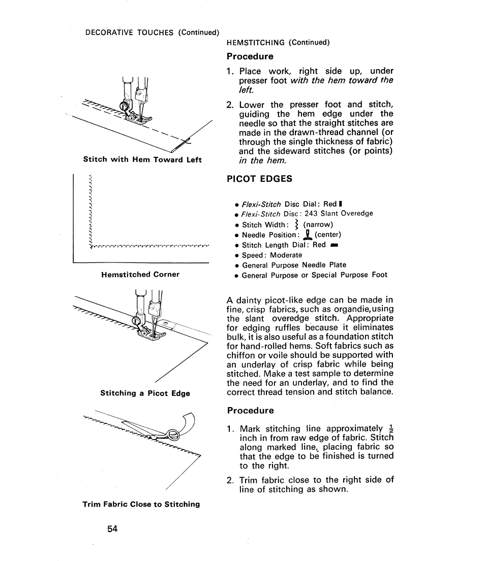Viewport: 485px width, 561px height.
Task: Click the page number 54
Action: click(112, 529)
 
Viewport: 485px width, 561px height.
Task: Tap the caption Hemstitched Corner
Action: click(140, 275)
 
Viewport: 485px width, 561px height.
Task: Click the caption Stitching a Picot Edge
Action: click(145, 393)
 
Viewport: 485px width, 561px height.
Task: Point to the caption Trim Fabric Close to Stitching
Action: click(141, 504)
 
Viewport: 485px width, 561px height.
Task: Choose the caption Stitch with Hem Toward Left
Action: click(142, 159)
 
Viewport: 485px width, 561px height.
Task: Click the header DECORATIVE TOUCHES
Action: click(130, 33)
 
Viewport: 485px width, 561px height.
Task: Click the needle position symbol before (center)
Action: click(307, 235)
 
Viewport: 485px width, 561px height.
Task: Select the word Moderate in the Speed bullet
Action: click(286, 255)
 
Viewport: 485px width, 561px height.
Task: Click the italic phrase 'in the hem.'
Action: click(262, 160)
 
